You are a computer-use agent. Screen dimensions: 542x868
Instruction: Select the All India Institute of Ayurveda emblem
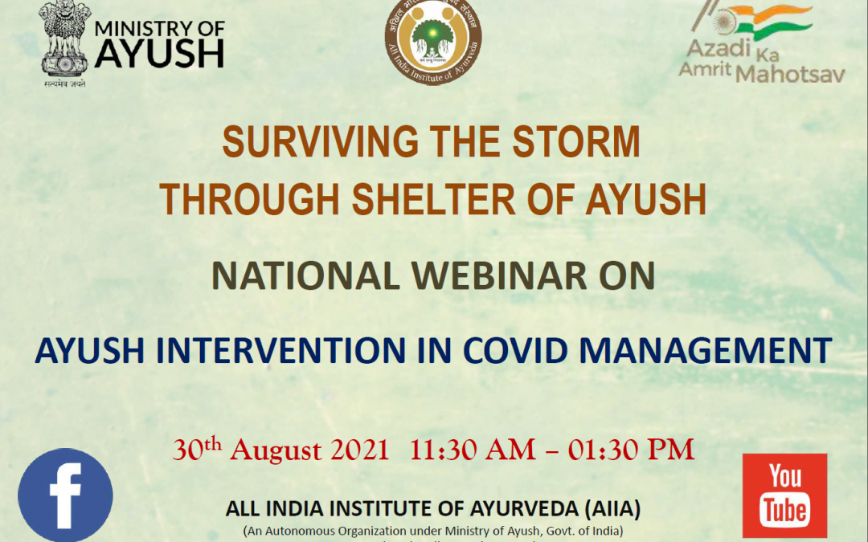(433, 41)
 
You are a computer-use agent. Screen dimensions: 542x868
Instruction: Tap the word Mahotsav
(791, 74)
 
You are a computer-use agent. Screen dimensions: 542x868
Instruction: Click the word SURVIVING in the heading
(317, 143)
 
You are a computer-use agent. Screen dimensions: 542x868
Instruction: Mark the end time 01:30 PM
(632, 450)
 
